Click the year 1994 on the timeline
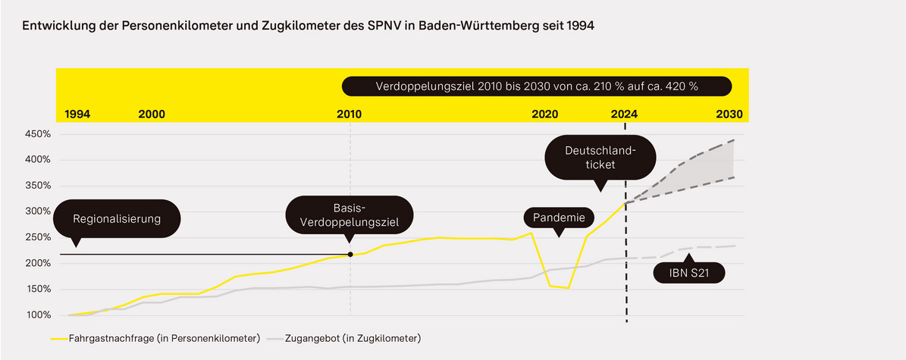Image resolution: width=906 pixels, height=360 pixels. tap(77, 114)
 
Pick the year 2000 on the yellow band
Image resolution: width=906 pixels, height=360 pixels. tap(152, 114)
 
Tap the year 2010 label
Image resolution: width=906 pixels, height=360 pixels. tap(349, 114)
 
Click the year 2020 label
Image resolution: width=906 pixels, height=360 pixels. tap(545, 114)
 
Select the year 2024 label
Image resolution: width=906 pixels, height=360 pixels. tap(624, 114)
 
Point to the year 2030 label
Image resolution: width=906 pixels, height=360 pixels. tap(729, 114)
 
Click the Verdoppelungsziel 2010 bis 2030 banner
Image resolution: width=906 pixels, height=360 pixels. tap(537, 86)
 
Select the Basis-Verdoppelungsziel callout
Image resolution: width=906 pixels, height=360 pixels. tap(349, 214)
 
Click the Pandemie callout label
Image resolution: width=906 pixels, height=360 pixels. tap(558, 219)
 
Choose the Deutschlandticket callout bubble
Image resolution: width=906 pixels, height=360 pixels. tap(590, 158)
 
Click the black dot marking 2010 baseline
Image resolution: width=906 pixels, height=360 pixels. tap(350, 255)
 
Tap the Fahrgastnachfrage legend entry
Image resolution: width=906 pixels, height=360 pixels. tap(155, 338)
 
